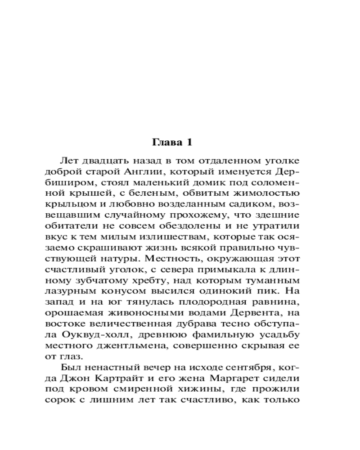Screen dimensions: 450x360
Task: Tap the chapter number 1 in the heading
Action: (x=189, y=143)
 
